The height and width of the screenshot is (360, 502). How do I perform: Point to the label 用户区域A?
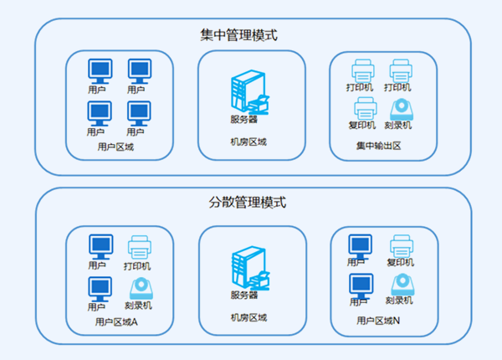[x=117, y=321]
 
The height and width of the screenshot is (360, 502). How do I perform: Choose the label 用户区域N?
[x=378, y=321]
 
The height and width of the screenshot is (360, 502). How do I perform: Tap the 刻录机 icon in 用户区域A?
[x=138, y=289]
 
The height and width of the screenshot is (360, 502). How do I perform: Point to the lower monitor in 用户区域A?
[x=100, y=287]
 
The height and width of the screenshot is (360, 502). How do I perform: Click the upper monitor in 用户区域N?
[x=361, y=246]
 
